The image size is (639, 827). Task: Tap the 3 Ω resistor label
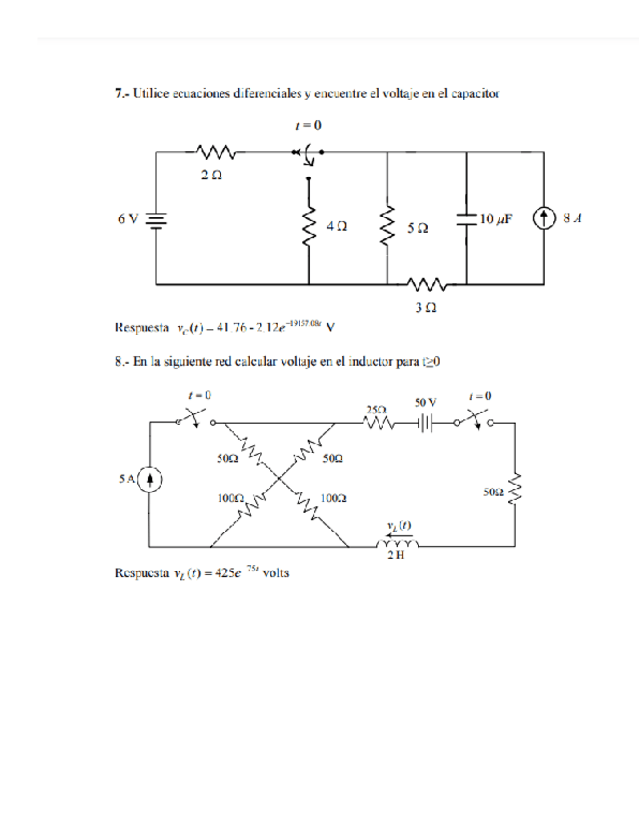point(425,306)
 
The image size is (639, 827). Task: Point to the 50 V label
point(426,401)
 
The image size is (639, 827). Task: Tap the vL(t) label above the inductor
point(398,525)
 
